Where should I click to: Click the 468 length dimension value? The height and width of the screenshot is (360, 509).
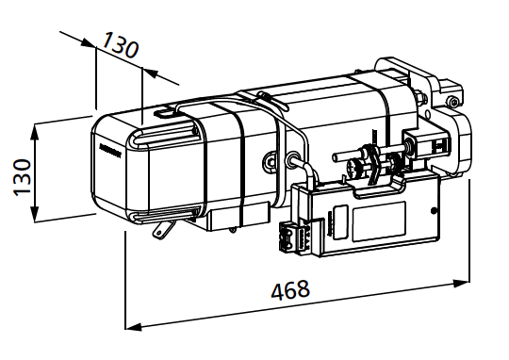click(290, 289)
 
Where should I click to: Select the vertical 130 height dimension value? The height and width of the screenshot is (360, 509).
click(22, 177)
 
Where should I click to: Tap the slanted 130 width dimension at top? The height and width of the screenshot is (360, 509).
click(121, 45)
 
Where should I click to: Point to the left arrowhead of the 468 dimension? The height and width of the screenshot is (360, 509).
click(134, 327)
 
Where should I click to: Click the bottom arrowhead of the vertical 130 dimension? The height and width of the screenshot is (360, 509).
click(34, 214)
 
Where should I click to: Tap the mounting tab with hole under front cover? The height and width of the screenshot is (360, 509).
click(161, 229)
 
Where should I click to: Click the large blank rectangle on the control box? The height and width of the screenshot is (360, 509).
click(379, 221)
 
